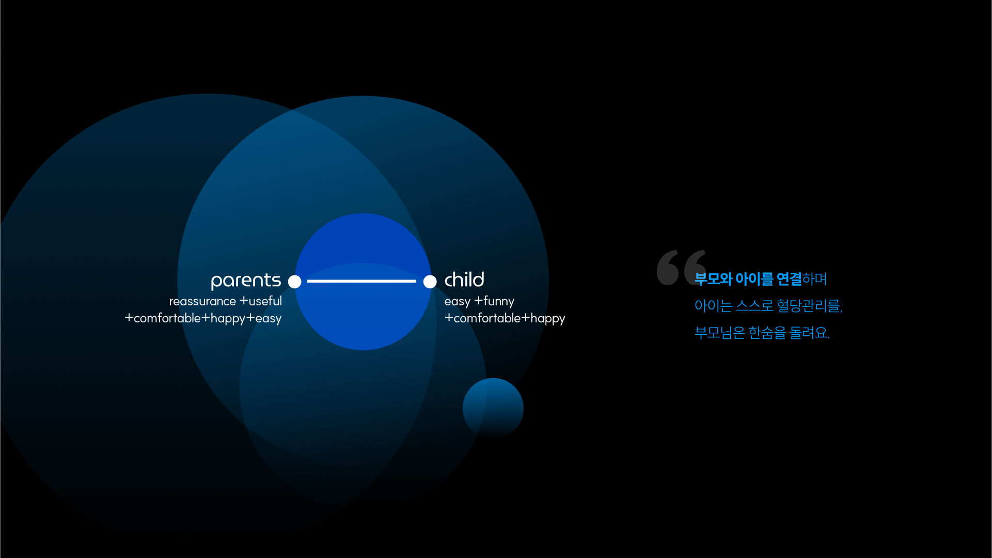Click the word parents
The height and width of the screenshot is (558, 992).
(x=246, y=281)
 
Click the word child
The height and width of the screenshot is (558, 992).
(x=464, y=280)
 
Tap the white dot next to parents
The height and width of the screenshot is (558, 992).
(x=294, y=282)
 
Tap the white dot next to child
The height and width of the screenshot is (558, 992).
(x=430, y=282)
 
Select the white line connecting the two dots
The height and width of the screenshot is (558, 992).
(x=361, y=281)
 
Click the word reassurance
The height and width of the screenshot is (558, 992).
(x=202, y=301)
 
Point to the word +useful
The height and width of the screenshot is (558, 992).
(x=261, y=301)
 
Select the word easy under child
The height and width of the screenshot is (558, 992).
(x=458, y=302)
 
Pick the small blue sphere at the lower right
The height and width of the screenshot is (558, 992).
(x=493, y=408)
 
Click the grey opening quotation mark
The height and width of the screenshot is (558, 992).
(x=682, y=267)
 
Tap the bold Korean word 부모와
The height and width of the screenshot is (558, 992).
(x=713, y=279)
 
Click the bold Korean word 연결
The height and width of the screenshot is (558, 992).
(x=789, y=279)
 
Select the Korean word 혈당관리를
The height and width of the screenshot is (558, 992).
(x=809, y=306)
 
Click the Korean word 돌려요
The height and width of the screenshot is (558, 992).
(x=810, y=333)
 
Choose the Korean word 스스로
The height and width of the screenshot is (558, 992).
(x=754, y=306)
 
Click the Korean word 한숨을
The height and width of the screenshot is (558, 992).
(x=767, y=333)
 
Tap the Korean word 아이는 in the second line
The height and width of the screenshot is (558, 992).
(x=713, y=306)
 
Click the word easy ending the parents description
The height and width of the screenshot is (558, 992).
(x=269, y=319)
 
